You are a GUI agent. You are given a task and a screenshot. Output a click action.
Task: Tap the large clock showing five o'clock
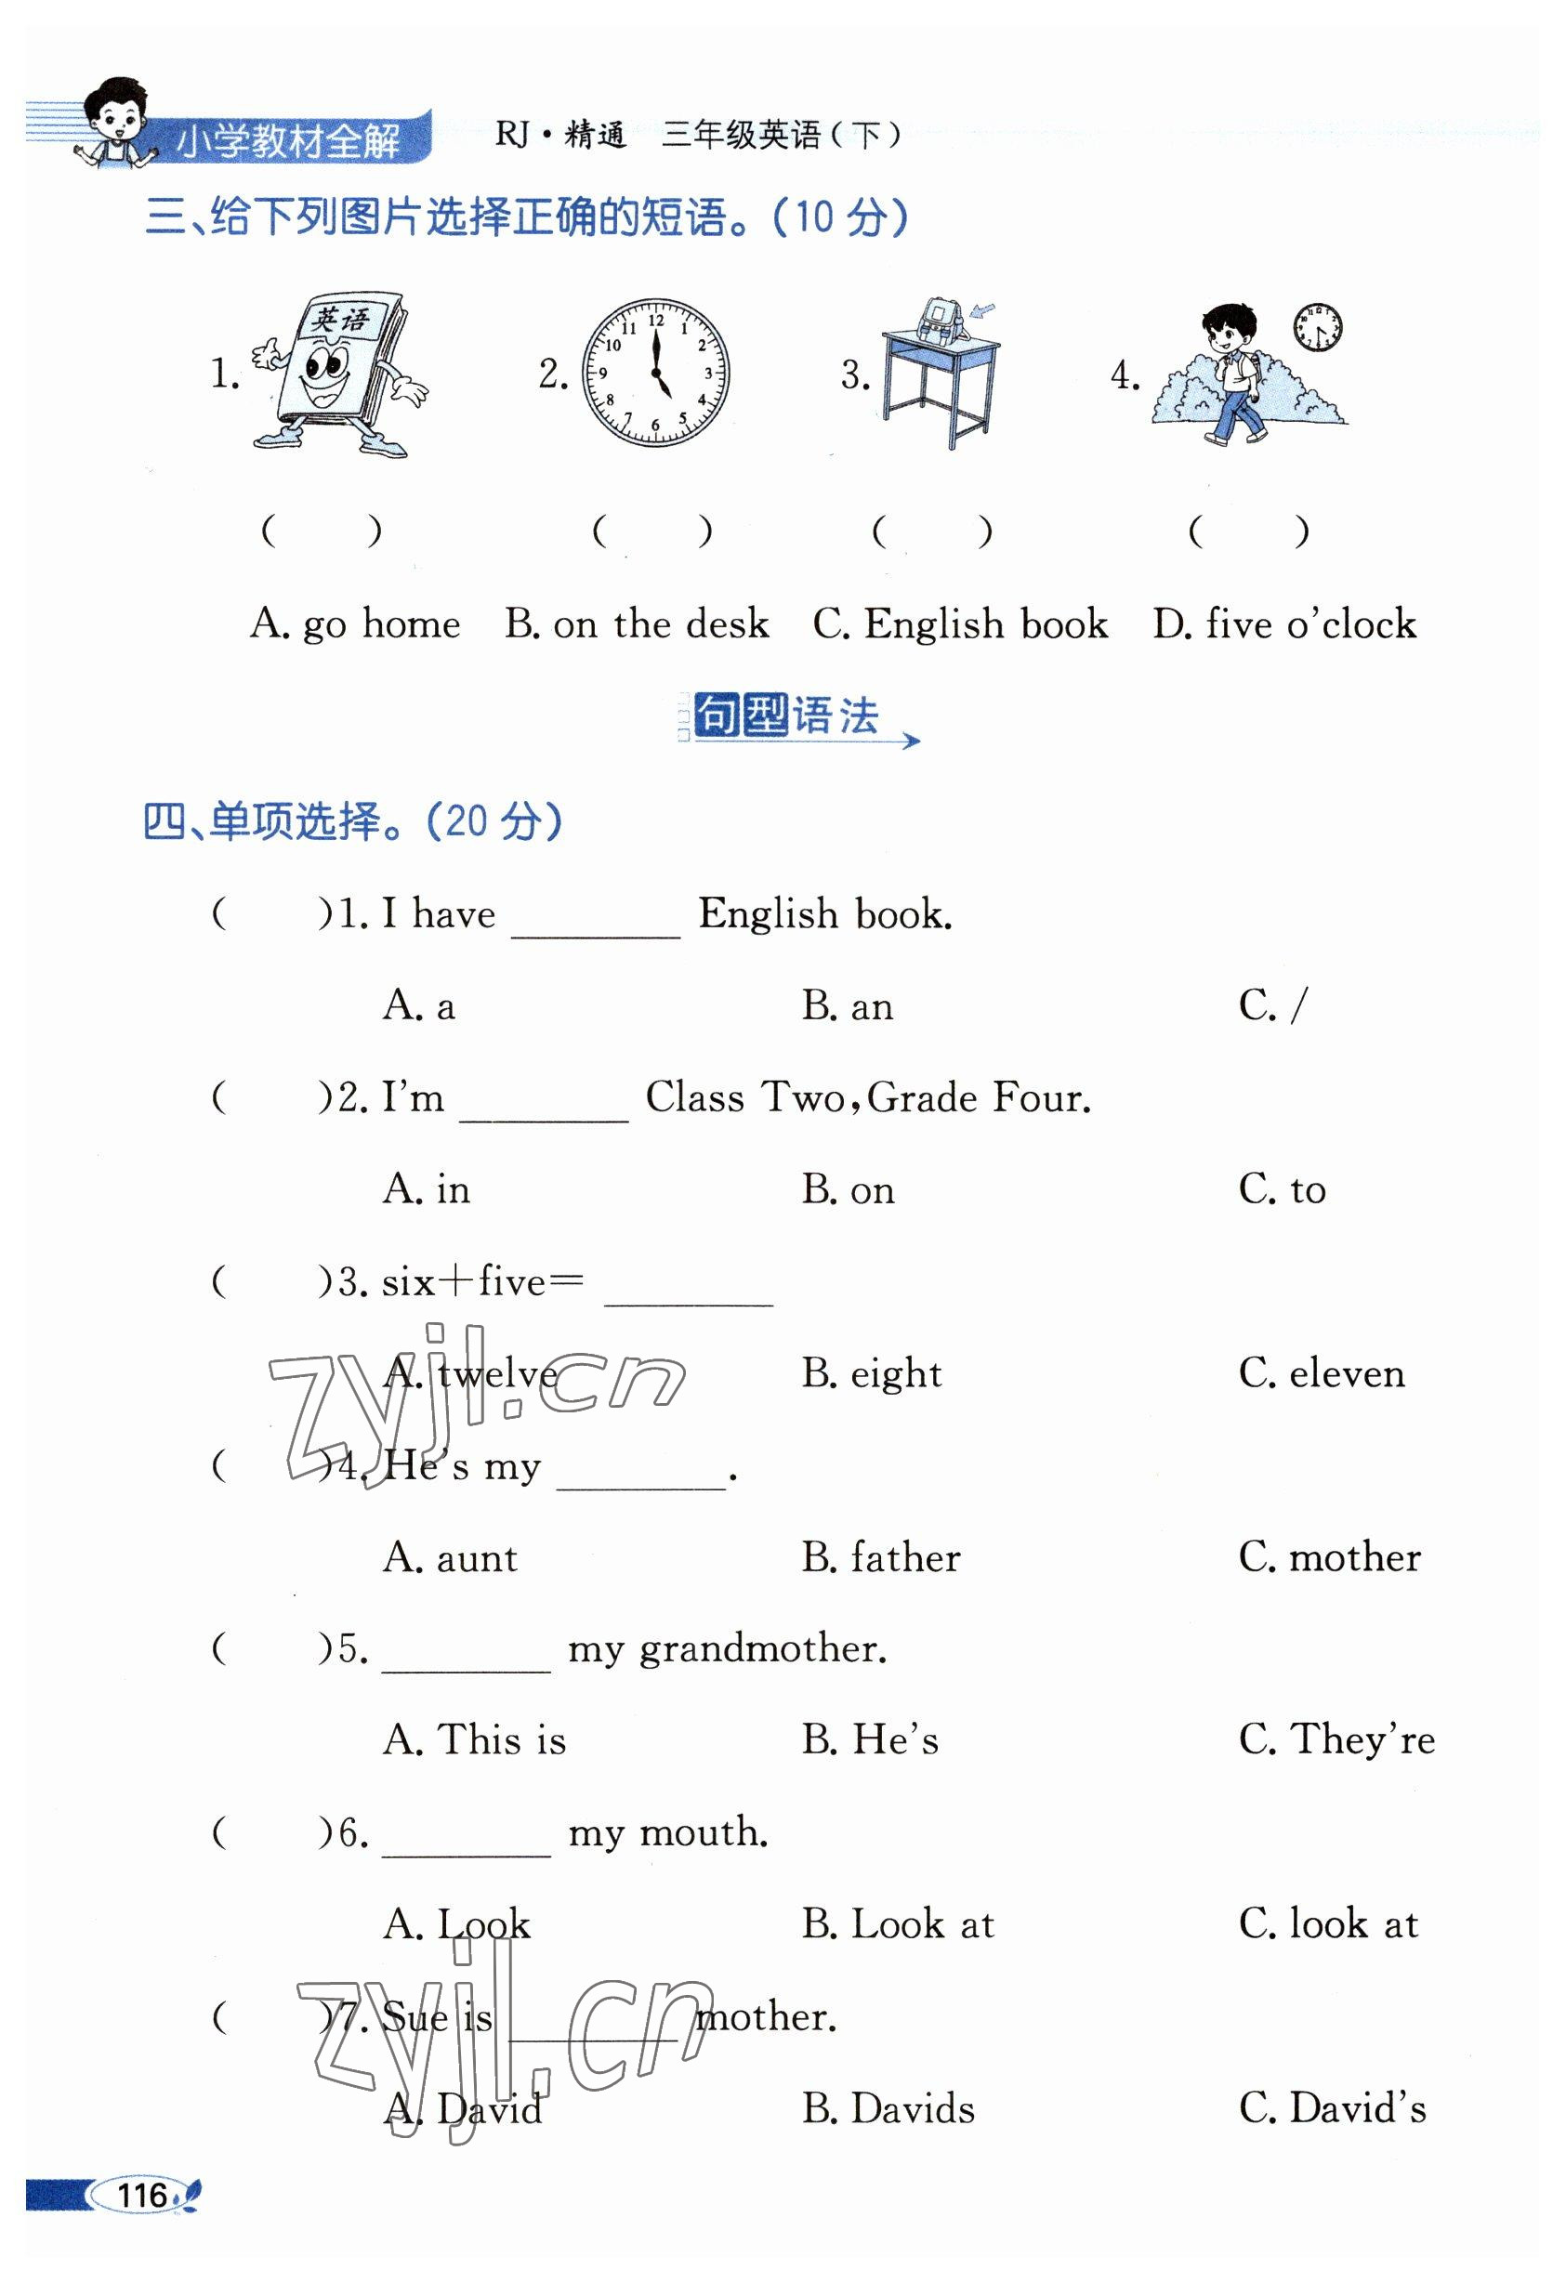(655, 374)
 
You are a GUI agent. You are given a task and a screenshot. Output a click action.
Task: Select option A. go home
(355, 623)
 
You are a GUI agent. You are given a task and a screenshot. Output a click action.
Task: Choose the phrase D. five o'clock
(1284, 623)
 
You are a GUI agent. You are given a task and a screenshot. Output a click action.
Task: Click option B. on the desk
(637, 623)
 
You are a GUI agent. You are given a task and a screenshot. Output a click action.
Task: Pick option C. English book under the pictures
(960, 623)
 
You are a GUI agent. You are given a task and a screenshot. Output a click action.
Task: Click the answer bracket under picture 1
(322, 531)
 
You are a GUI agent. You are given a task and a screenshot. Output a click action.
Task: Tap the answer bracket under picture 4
(1248, 531)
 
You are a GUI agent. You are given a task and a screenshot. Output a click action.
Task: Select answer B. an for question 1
(847, 1006)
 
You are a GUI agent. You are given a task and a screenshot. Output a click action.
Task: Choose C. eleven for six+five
(1322, 1373)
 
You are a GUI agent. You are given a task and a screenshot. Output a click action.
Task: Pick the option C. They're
(1336, 1739)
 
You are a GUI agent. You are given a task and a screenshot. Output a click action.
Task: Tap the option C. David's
(1332, 2108)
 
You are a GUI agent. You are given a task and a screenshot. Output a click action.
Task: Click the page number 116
(142, 2195)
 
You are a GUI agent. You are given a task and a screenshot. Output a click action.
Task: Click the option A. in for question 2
(427, 1189)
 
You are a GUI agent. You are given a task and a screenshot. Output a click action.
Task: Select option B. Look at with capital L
(897, 1924)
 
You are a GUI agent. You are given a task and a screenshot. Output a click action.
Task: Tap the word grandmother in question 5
(762, 1648)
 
